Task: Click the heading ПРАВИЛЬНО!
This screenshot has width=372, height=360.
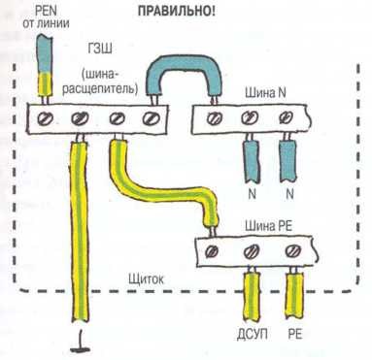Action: pos(177,11)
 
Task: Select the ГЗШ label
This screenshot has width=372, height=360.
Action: pos(100,49)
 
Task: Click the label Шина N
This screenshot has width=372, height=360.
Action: pos(265,93)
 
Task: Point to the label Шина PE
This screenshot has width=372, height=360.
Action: pos(268,226)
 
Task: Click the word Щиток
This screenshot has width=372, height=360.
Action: pos(146,278)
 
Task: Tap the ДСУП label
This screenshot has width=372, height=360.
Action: pos(253,334)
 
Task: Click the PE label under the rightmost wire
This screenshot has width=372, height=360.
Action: pos(294,334)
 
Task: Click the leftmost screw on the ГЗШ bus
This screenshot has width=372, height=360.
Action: pos(45,119)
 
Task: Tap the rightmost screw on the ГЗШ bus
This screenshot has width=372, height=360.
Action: pos(151,118)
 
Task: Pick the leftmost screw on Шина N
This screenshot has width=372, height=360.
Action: pos(214,118)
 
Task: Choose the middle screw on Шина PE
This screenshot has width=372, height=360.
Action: pos(252,251)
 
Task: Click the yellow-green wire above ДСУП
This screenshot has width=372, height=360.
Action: pos(252,294)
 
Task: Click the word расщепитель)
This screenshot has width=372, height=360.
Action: pos(100,87)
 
